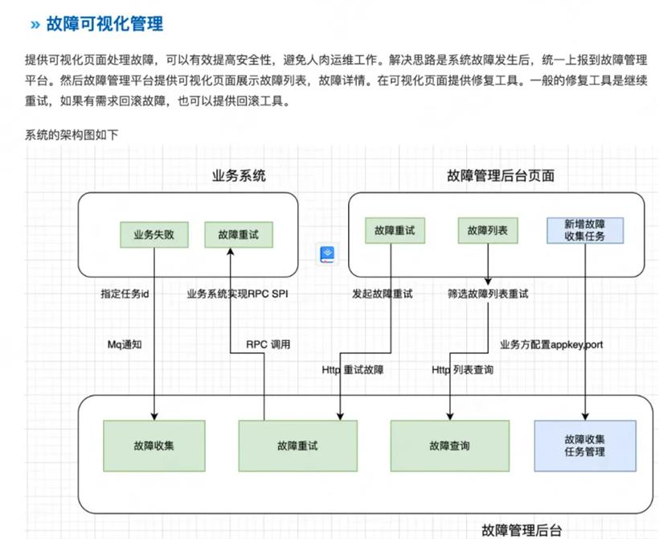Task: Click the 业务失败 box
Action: (153, 235)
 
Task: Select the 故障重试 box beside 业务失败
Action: (239, 235)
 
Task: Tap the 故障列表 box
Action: (488, 231)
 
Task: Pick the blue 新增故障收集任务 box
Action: (584, 231)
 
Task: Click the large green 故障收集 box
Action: (154, 446)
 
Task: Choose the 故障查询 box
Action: (450, 446)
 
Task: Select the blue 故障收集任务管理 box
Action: (585, 446)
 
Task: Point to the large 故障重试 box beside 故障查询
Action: (297, 446)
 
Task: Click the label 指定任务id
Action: (125, 294)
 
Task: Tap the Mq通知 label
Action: (125, 344)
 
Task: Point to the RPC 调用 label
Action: (268, 344)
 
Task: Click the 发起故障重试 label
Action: (383, 294)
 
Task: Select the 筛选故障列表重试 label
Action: (488, 294)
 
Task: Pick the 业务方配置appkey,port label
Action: (551, 345)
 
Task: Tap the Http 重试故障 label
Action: (353, 370)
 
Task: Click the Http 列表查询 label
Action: (462, 370)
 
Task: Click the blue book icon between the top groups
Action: (327, 254)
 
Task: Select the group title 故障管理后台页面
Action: (501, 175)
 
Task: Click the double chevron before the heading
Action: (35, 25)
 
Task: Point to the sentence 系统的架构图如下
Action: (72, 134)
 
